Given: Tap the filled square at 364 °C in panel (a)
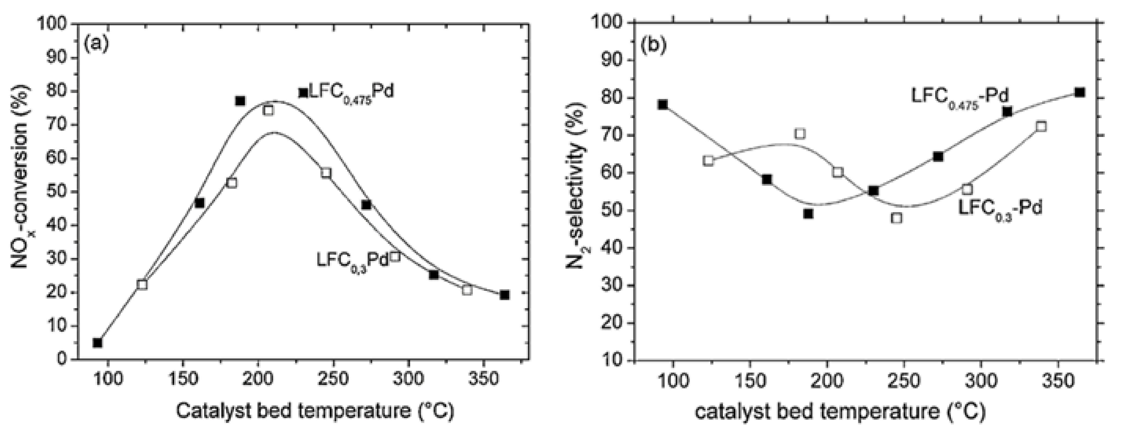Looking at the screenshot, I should (x=504, y=295).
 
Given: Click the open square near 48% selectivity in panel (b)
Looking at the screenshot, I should (x=897, y=218).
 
